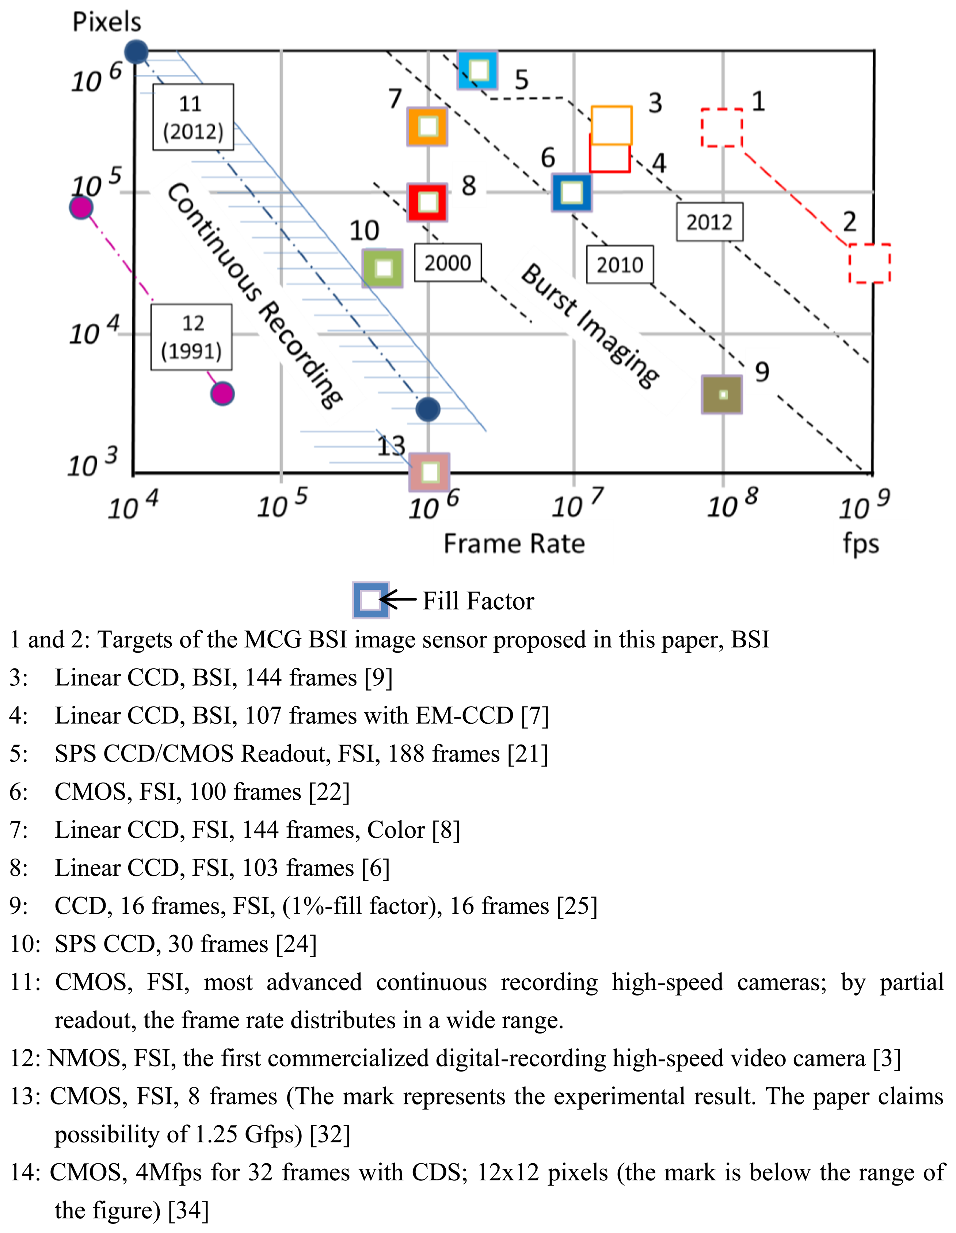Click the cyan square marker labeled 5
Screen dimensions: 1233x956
click(x=478, y=71)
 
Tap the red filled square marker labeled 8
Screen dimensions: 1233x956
click(x=427, y=202)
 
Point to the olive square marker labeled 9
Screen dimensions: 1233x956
click(x=722, y=395)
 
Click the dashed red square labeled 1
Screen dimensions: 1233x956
click(x=722, y=128)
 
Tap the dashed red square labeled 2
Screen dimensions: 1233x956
click(x=869, y=263)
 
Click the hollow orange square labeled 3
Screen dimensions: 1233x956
click(x=612, y=125)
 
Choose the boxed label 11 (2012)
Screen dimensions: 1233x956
click(x=193, y=117)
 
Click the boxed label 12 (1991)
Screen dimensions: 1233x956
click(x=191, y=337)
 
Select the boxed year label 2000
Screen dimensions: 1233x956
click(x=448, y=263)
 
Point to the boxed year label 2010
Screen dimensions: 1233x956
click(x=620, y=264)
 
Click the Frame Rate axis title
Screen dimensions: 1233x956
click(x=514, y=544)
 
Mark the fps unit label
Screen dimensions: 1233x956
click(x=861, y=544)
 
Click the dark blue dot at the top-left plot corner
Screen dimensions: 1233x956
click(x=136, y=52)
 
